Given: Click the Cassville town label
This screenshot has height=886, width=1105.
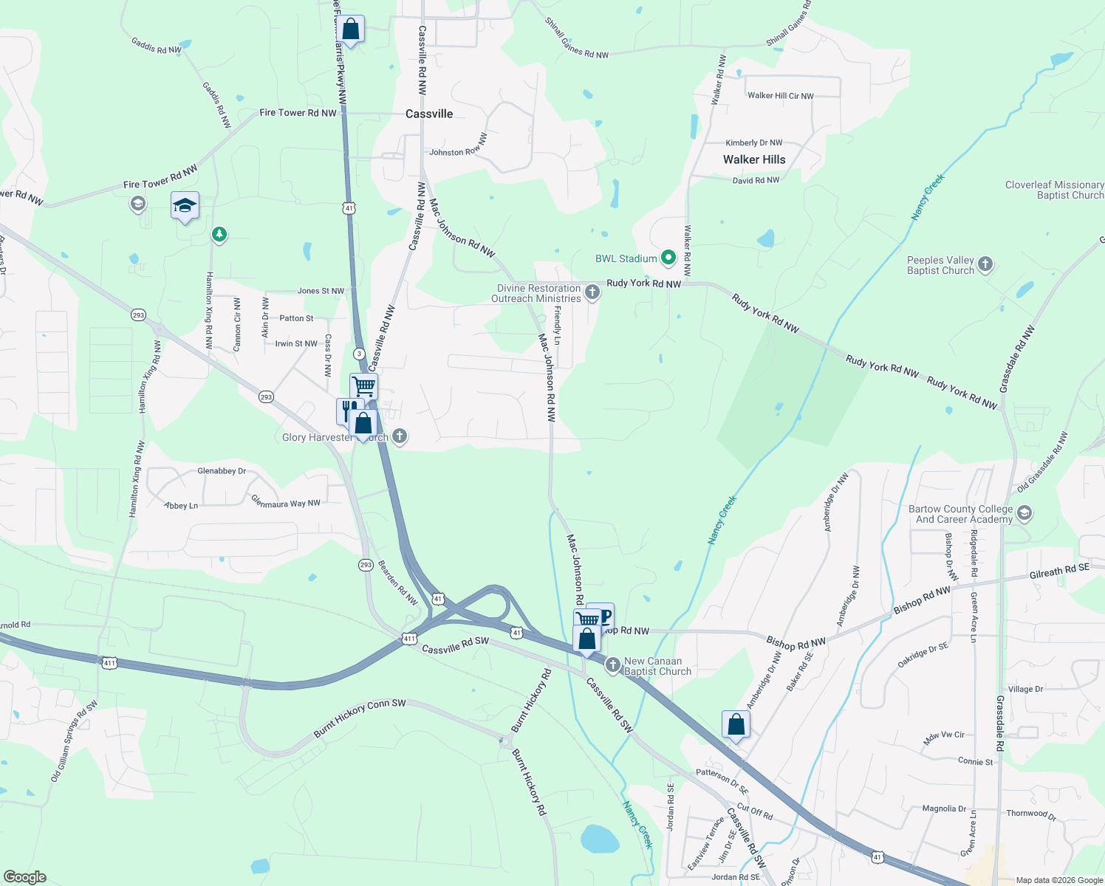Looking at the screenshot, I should pos(429,114).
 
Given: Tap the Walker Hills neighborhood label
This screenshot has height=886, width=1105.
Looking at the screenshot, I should pos(753,159).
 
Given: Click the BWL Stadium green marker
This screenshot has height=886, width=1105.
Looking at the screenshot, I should pos(668,258).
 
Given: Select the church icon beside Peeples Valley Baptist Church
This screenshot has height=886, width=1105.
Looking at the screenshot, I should pos(985,264).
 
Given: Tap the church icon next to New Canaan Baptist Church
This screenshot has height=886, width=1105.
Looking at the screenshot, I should pos(612,665).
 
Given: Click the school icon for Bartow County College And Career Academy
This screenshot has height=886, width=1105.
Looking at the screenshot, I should pos(1024,513).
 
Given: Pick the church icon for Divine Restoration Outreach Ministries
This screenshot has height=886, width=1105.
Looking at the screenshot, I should pos(592,292).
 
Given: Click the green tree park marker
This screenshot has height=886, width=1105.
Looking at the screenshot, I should pos(219,235).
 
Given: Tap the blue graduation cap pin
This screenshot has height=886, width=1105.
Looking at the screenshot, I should pos(185,206).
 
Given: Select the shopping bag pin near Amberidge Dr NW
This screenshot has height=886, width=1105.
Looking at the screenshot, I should pos(736,724).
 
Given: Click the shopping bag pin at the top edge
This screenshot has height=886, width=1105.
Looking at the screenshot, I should pos(351,30).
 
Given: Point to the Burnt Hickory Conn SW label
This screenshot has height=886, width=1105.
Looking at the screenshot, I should pos(360,718).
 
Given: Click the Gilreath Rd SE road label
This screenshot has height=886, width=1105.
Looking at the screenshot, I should pos(1059,571).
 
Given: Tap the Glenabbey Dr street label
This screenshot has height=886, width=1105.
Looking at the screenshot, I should pos(222,470).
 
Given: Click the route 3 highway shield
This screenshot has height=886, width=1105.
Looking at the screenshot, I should pos(358,354).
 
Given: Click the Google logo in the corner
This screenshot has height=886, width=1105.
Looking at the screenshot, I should pos(24,877).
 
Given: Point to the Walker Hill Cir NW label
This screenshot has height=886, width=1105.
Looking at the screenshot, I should pos(780,95).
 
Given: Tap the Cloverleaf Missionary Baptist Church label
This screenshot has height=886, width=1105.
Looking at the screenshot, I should pos(1054,190).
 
